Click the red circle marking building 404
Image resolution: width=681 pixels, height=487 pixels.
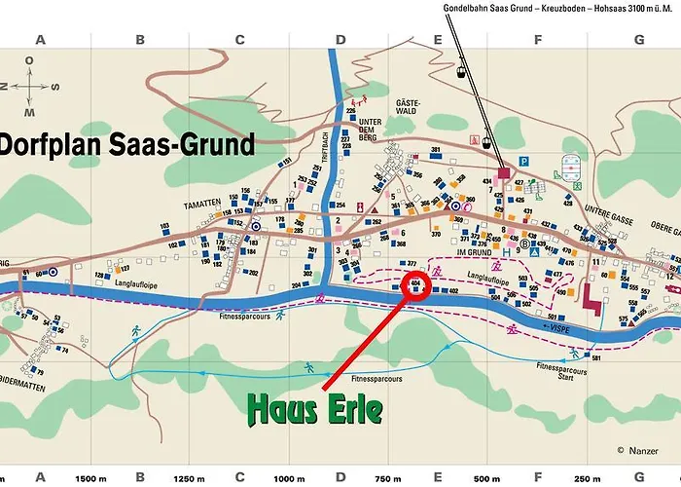point(416,286)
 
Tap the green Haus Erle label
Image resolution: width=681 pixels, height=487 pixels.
point(314,409)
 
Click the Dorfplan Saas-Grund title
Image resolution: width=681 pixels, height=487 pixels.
point(127,145)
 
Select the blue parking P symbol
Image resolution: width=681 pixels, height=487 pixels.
point(524,163)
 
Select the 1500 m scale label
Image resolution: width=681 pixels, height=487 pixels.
point(90,478)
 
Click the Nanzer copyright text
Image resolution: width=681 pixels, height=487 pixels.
point(636,450)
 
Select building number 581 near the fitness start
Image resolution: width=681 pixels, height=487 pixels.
point(596,358)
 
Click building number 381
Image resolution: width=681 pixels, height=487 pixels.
point(436,150)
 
